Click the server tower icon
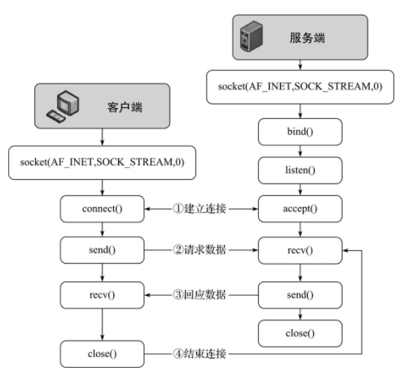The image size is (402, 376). [251, 37]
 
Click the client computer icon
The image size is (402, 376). [63, 106]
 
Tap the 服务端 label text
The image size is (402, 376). [307, 37]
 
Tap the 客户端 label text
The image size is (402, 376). [125, 107]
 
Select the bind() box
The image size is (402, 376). [300, 132]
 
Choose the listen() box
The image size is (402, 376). [300, 170]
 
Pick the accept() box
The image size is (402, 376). [300, 209]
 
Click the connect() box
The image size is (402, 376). [102, 209]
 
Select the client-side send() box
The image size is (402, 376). [102, 250]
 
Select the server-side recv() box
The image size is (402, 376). [300, 250]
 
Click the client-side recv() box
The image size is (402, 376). [102, 295]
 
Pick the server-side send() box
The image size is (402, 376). [300, 295]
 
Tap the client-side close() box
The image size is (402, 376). [102, 354]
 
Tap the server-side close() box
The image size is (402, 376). [300, 333]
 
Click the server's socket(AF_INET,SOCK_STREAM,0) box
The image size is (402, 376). [300, 87]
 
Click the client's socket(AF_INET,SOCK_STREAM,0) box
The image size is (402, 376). [102, 162]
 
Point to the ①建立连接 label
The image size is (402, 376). [199, 209]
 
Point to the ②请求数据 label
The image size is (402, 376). [199, 250]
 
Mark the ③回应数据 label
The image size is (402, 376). [199, 294]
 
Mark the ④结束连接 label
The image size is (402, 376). [199, 354]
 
